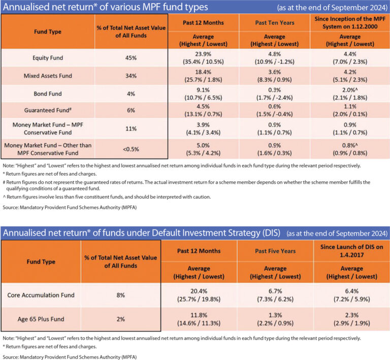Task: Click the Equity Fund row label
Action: pyautogui.click(x=48, y=58)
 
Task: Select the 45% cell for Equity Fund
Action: pyautogui.click(x=132, y=58)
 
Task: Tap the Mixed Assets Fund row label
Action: pyautogui.click(x=48, y=76)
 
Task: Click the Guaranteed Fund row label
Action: pyautogui.click(x=48, y=111)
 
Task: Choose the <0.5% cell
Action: pyautogui.click(x=132, y=150)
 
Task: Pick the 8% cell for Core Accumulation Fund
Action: pyautogui.click(x=120, y=295)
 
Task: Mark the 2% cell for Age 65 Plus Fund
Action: pyautogui.click(x=120, y=320)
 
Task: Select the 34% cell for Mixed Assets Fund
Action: pyautogui.click(x=132, y=76)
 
